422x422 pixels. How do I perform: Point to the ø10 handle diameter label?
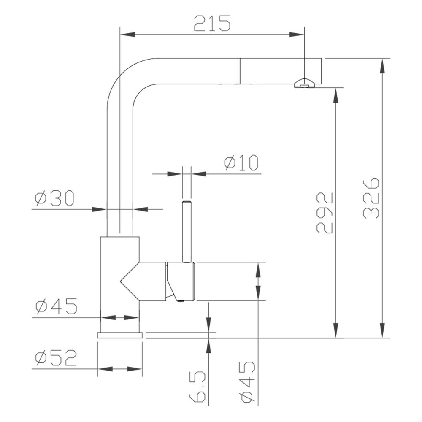point(242,163)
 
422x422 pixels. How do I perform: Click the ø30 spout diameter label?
point(55,198)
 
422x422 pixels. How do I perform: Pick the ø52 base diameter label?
point(56,358)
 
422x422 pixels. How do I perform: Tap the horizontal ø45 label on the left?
point(57,306)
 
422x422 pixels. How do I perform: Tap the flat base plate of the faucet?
point(120,335)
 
